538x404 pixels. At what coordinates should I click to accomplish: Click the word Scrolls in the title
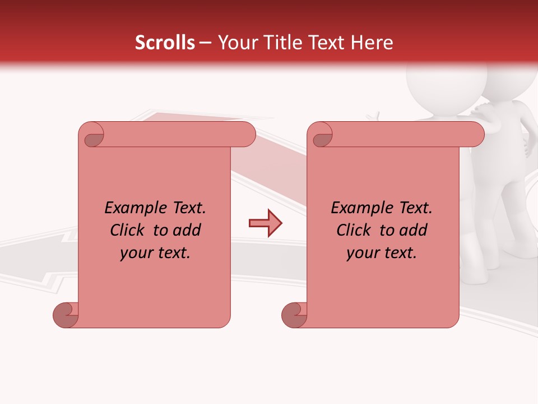pos(165,43)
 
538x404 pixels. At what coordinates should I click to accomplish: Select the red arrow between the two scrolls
pos(265,223)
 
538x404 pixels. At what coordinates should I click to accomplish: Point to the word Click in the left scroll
pos(122,230)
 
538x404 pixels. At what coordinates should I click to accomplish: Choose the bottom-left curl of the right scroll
pos(294,315)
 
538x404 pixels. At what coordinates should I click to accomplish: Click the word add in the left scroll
pos(188,230)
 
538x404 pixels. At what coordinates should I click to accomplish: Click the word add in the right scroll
pos(414,230)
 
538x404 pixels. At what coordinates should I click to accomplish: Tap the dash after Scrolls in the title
pos(205,43)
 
